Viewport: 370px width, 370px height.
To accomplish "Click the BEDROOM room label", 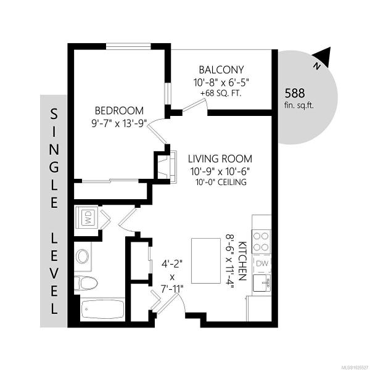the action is pos(119,110).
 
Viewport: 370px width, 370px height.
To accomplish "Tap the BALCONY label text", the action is pos(221,70).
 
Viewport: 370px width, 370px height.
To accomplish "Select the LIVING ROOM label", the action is pos(220,159).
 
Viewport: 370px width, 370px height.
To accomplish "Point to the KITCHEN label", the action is pos(242,261).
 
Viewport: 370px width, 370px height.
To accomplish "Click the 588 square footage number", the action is pos(295,93).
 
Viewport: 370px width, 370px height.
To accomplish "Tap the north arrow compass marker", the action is pos(322,57).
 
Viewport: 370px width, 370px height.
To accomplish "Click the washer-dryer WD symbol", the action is pos(86,218).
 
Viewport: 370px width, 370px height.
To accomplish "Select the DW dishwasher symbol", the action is pos(261,263).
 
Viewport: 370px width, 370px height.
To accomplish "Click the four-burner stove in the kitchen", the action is pos(261,242).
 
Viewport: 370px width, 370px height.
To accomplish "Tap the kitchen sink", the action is pos(262,282).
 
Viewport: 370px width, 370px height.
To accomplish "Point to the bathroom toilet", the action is pos(86,283).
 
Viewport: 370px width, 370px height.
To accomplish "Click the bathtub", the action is pos(102,309).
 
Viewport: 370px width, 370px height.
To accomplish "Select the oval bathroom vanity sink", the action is pos(83,257).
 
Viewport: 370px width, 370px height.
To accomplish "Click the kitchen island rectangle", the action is pos(206,260).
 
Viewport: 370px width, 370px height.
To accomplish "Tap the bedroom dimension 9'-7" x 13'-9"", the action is pos(120,123).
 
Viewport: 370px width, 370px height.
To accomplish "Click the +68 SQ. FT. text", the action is pos(221,94).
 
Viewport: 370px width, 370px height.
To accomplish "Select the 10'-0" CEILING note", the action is pos(221,182).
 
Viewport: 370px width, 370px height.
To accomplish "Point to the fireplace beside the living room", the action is pos(168,167).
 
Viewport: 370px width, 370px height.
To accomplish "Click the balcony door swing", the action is pos(195,105).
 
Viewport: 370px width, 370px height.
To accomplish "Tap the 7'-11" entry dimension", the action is pos(172,289).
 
